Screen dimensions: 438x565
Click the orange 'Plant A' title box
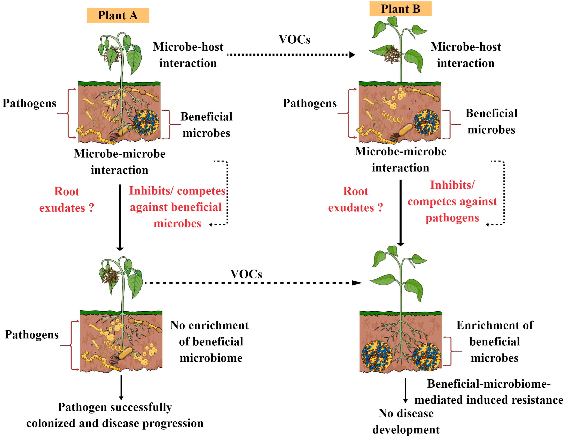click(x=118, y=15)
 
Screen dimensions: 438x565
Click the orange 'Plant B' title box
click(x=400, y=9)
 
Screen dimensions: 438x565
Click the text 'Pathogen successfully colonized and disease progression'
click(x=115, y=415)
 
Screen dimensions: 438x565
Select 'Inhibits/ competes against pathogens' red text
click(x=452, y=201)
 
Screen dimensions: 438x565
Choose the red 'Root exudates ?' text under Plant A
click(x=67, y=200)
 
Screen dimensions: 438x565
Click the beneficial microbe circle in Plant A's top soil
click(x=146, y=122)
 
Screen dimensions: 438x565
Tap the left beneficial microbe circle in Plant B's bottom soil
click(x=377, y=356)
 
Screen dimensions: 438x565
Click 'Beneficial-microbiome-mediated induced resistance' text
click(x=488, y=392)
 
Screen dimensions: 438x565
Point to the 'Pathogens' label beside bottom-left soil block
click(x=32, y=334)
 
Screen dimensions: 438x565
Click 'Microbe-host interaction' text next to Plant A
click(x=188, y=55)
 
